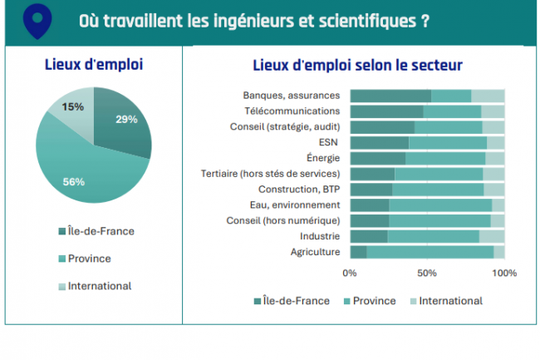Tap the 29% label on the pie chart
point(126,119)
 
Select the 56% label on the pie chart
point(75,181)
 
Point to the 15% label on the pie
point(73,106)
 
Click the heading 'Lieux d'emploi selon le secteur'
point(357,65)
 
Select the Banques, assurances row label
point(291,95)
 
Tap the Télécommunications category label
point(292,111)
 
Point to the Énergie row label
point(323,158)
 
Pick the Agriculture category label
point(315,252)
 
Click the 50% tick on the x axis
point(427,273)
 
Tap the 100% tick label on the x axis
point(503,273)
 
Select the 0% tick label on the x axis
point(350,273)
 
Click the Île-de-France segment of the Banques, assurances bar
point(390,96)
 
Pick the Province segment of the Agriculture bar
point(430,252)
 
